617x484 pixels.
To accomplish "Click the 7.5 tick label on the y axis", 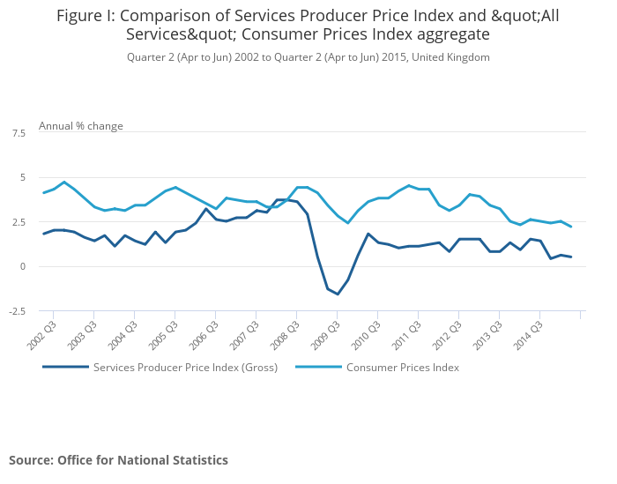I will [19, 132].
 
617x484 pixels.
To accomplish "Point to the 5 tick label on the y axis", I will [22, 177].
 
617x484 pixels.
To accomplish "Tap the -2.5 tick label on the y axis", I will [18, 310].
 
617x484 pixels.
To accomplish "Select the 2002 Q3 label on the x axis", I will [42, 332].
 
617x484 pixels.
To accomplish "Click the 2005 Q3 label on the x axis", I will [164, 332].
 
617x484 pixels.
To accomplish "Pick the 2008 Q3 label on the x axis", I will [286, 332].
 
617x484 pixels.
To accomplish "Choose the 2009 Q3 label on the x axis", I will [326, 332].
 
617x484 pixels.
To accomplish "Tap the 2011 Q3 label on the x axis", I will [407, 332].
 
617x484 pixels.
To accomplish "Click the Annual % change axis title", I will [81, 126].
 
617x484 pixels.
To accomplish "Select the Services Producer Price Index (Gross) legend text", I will [185, 368].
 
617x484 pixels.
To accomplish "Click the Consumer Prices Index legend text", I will [403, 368].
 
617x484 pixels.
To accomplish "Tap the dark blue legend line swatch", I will [65, 368].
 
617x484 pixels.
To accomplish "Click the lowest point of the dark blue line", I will [337, 294].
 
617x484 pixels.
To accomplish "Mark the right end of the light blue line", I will [571, 227].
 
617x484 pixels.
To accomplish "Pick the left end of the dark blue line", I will [43, 234].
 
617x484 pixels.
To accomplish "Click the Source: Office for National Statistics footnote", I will [118, 460].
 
